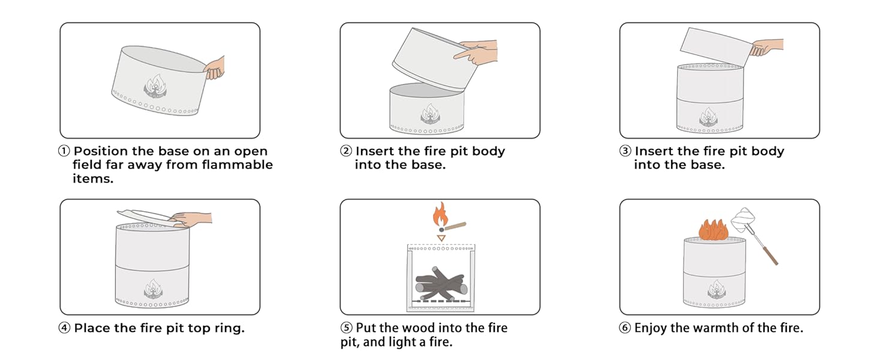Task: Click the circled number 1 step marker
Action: click(64, 151)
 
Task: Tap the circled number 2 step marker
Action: click(346, 151)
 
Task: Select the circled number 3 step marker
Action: click(625, 151)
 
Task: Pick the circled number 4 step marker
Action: click(64, 328)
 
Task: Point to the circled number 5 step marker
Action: click(346, 328)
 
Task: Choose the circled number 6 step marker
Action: click(625, 328)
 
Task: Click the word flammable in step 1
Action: click(237, 165)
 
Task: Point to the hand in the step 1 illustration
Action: click(215, 68)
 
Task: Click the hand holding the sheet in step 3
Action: click(766, 47)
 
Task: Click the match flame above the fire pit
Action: click(440, 214)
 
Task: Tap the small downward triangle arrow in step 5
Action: click(441, 238)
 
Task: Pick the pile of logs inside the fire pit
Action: click(441, 284)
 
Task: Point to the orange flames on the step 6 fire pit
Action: click(714, 230)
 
